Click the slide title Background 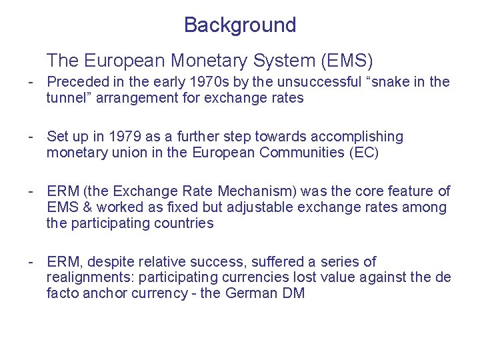pyautogui.click(x=240, y=25)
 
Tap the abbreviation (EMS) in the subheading pyautogui.click(x=347, y=61)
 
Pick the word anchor pyautogui.click(x=103, y=293)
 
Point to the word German pyautogui.click(x=250, y=293)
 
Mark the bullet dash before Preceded pyautogui.click(x=31, y=82)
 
